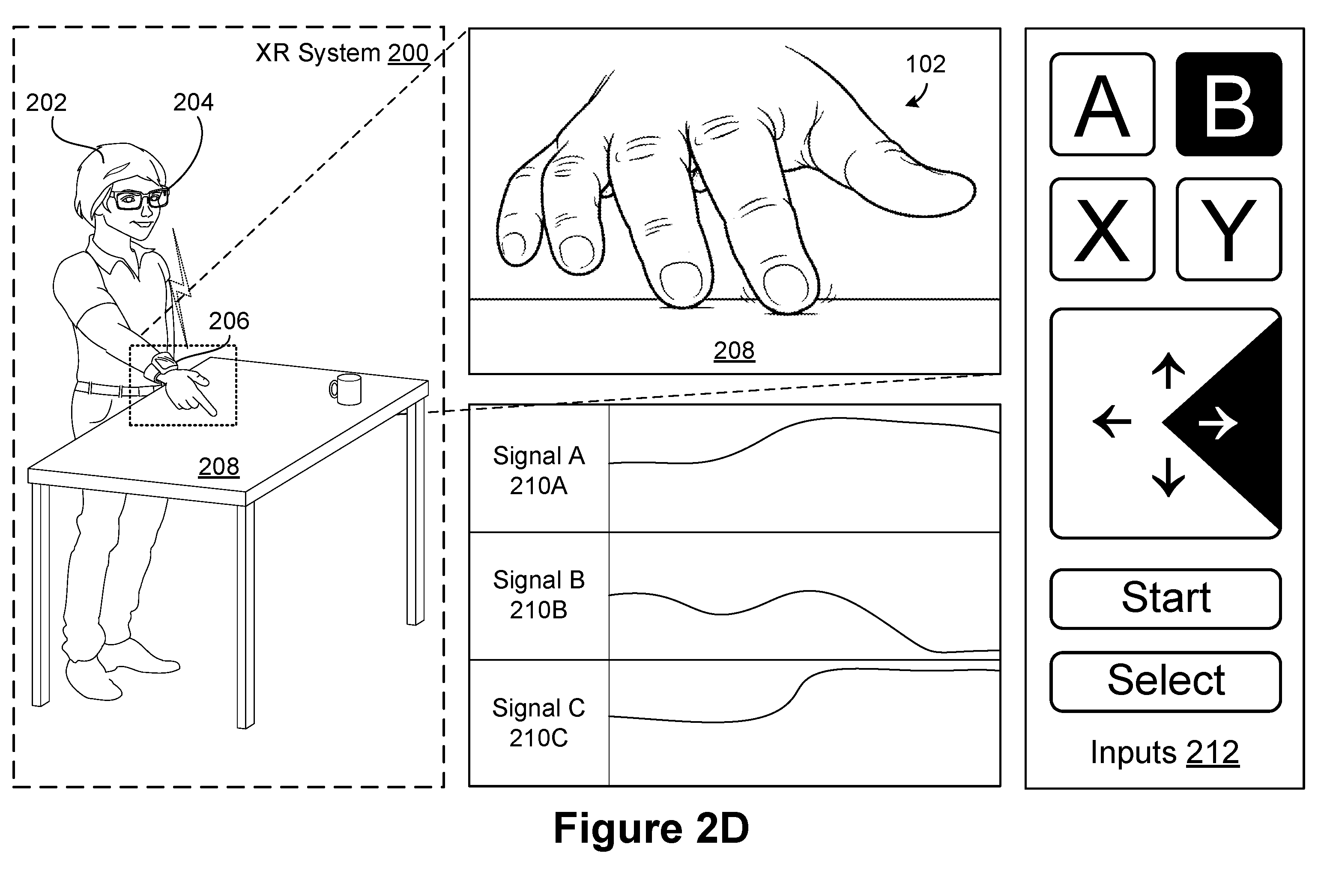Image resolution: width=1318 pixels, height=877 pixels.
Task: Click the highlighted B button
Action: (1228, 104)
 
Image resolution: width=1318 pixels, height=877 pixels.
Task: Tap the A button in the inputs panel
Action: (1102, 104)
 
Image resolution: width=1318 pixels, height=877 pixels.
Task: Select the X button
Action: (1102, 230)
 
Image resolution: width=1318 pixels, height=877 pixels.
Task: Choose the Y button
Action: (1228, 230)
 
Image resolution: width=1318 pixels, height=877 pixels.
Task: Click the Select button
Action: (1166, 681)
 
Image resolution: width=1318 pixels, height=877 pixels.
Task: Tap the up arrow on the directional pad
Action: (1168, 370)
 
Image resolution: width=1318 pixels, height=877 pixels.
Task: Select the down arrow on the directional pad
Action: (1168, 477)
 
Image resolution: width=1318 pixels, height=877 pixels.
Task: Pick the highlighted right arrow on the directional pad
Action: (1218, 424)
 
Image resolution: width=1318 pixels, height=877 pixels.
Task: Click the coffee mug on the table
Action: (346, 389)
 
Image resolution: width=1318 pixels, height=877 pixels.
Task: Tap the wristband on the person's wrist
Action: (161, 367)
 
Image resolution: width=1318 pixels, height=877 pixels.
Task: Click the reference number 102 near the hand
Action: (925, 64)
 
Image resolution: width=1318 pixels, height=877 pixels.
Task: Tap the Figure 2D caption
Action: (651, 828)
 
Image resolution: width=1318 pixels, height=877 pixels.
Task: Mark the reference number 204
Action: (193, 102)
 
